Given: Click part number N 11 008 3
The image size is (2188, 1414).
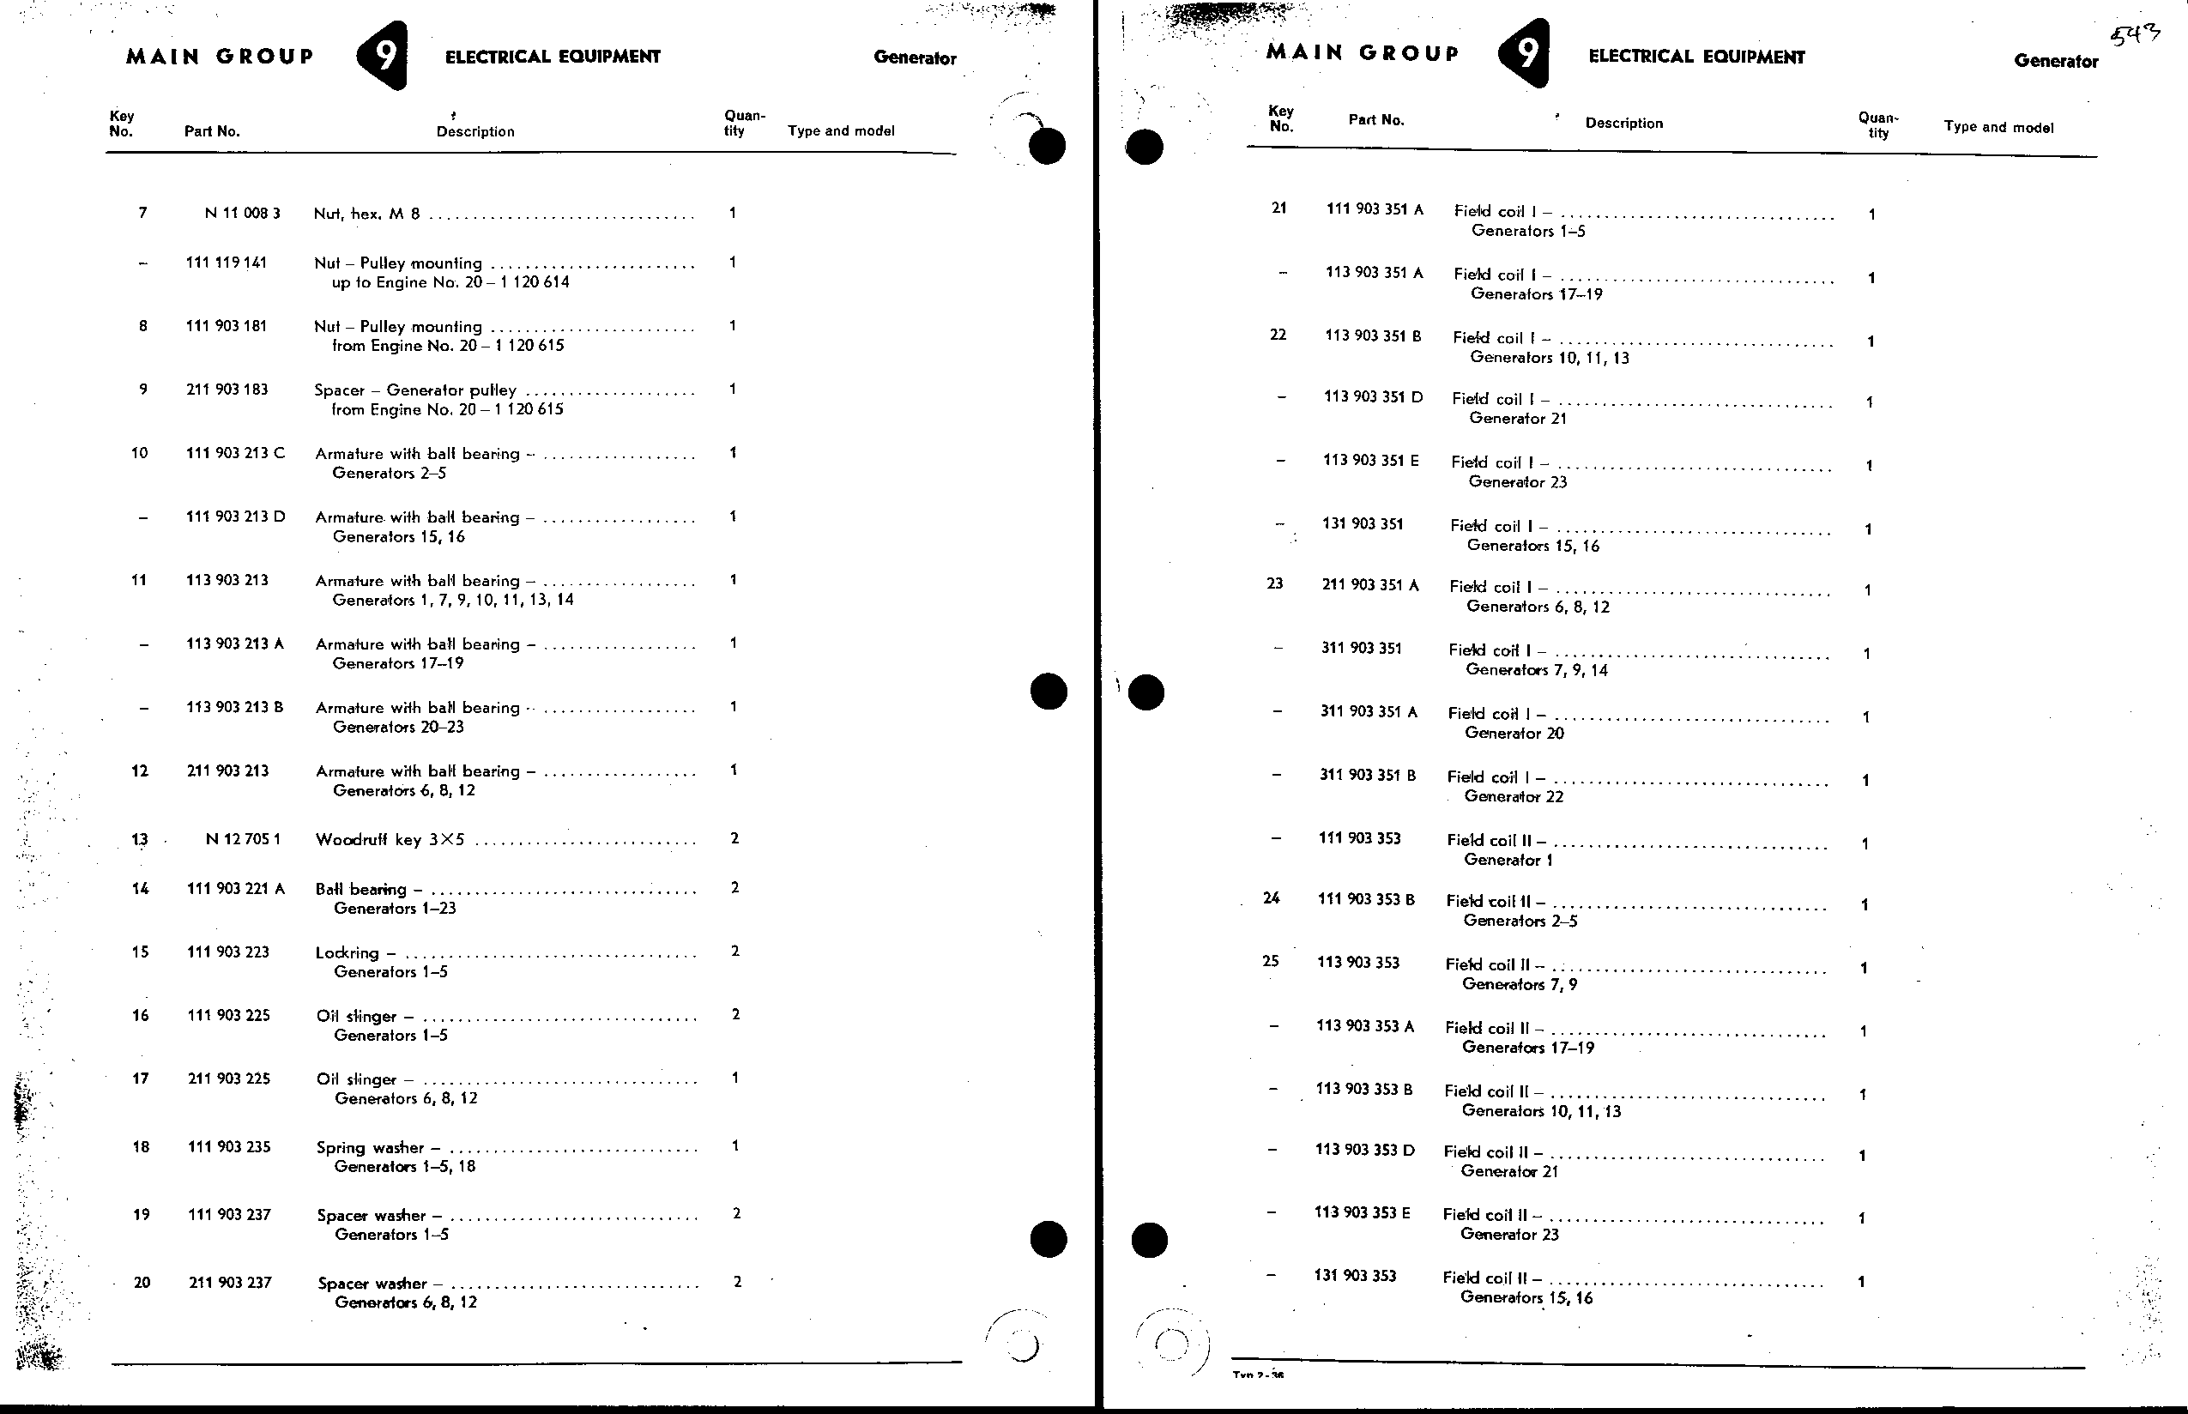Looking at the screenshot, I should point(243,213).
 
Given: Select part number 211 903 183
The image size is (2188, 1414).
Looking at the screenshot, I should point(227,390).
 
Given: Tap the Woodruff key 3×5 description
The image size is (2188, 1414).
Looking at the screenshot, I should point(390,839).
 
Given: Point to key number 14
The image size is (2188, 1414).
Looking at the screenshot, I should point(140,889).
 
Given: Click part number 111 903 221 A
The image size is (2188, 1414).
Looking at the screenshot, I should point(236,889).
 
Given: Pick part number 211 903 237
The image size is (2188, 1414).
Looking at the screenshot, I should point(231,1283).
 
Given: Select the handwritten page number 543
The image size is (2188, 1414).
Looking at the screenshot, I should point(2136,36).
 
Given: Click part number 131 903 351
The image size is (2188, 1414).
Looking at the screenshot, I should point(1363,524).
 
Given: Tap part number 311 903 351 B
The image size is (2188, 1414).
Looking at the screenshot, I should point(1368,776).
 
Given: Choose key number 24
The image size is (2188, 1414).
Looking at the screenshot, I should point(1272,898).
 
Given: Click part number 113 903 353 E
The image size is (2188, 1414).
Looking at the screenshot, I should point(1363,1213).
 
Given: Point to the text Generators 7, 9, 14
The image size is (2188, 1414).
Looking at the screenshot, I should point(1537,670).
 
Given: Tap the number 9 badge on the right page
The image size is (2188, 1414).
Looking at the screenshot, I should point(1525,53).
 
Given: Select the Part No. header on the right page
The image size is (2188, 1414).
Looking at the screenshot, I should point(1376,120).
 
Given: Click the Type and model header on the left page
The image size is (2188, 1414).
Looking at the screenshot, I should point(841,131).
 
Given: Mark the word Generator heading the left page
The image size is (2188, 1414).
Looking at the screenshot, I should point(915,57).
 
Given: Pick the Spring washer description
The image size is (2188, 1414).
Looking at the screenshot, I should point(371,1148).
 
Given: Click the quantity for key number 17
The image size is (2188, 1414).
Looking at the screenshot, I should point(735,1078).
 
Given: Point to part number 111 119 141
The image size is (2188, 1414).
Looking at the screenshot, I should point(227,263).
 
